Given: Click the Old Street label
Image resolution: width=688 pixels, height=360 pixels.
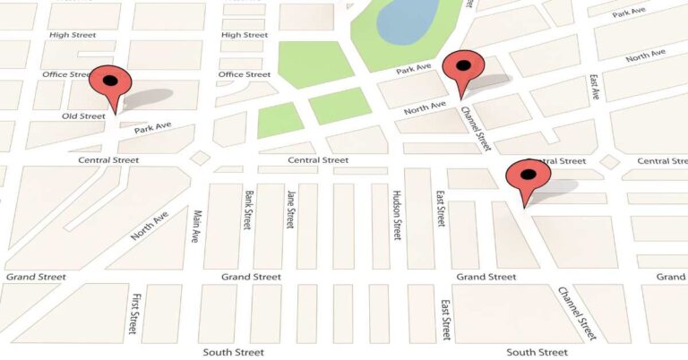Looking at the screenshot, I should pos(83,116).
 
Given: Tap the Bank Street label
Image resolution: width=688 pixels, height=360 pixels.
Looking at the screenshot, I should pos(246,210).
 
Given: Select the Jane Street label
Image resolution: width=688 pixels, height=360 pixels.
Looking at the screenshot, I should pos(290,209).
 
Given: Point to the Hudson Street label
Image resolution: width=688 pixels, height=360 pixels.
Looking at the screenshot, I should pos(395,214).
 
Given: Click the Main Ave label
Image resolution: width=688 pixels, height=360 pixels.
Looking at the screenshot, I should pos(197,227).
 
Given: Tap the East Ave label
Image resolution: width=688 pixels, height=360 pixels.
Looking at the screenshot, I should pos(594,86).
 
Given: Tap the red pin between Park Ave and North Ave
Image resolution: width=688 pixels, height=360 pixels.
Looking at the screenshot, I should pos(463,70).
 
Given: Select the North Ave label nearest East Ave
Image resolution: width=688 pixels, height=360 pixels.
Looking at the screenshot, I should pos(645,56).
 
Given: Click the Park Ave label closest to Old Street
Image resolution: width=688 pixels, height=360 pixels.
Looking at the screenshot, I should pos(152,129).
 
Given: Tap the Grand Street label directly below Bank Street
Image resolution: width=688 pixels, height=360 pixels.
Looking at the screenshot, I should pos(251,277).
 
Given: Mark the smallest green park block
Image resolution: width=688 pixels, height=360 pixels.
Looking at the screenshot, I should pos(279,120).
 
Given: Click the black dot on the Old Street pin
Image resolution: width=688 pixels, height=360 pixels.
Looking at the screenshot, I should pos(110,81).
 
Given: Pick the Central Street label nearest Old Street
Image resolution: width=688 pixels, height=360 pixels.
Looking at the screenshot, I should pos(108,160).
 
